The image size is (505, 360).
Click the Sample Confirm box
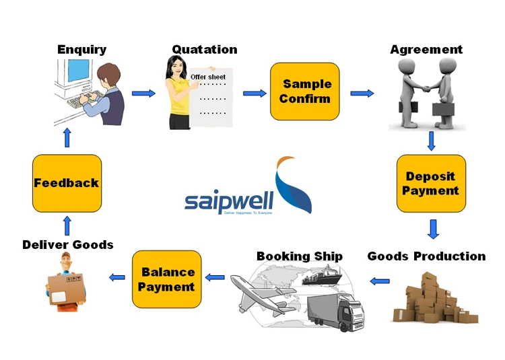[304, 92]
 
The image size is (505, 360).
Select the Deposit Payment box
[430, 184]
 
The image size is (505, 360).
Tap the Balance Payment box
[166, 279]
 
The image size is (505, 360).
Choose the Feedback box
[67, 183]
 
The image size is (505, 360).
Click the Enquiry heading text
[81, 49]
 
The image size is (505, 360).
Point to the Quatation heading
[204, 49]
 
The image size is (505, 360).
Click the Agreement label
[426, 49]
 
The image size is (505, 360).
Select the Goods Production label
[426, 256]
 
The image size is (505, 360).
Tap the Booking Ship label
[299, 256]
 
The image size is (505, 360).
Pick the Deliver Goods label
[67, 244]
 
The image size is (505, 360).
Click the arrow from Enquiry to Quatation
[143, 93]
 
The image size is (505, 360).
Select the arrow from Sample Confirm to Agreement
[362, 93]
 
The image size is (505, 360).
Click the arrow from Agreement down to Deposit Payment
[431, 141]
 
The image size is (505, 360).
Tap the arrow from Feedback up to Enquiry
[67, 138]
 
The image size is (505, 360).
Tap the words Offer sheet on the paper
[208, 77]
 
